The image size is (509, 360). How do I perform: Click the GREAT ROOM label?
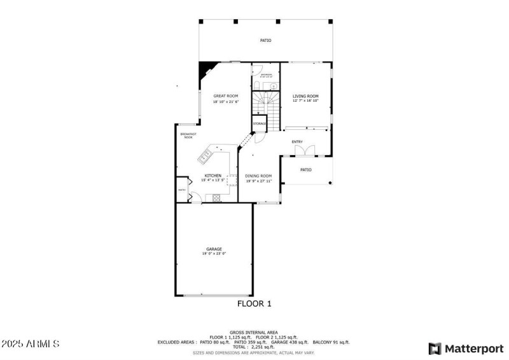[225, 96]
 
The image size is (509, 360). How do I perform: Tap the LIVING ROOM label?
[305, 96]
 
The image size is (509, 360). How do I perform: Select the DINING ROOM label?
[258, 176]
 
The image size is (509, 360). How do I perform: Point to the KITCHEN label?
[213, 176]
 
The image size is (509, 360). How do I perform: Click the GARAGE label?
[214, 249]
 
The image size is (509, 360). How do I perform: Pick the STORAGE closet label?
[260, 123]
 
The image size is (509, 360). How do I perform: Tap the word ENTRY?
[297, 142]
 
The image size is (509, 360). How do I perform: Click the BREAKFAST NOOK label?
[188, 135]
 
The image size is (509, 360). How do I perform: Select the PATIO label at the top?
[265, 41]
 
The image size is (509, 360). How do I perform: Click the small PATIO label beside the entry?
[306, 170]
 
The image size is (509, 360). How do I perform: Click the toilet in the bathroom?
[256, 85]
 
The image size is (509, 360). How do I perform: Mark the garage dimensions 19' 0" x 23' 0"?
[214, 254]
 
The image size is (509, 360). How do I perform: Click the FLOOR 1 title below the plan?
[254, 304]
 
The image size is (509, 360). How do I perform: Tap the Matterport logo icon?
[435, 349]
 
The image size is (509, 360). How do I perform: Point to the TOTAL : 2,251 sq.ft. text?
[254, 347]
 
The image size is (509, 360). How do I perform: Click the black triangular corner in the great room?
[206, 69]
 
